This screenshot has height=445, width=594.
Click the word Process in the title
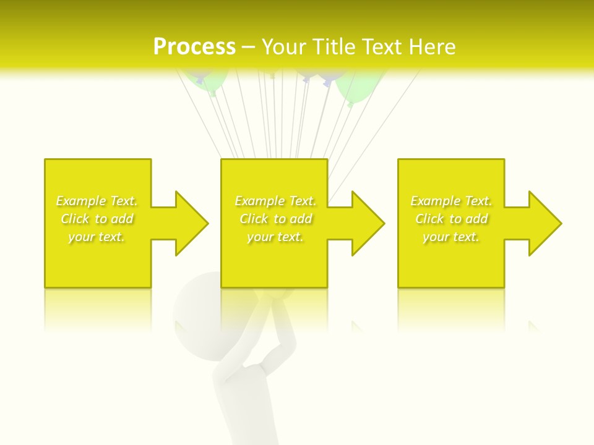(194, 47)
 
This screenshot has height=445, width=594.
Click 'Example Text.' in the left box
(97, 201)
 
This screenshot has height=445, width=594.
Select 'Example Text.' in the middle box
(275, 201)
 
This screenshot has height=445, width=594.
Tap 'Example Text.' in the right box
(451, 201)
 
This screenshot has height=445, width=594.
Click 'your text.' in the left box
(97, 237)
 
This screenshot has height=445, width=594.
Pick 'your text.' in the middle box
(275, 237)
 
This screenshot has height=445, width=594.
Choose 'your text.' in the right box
(451, 237)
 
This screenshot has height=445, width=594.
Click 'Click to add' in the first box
(97, 219)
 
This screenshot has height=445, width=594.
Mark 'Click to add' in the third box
(451, 219)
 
